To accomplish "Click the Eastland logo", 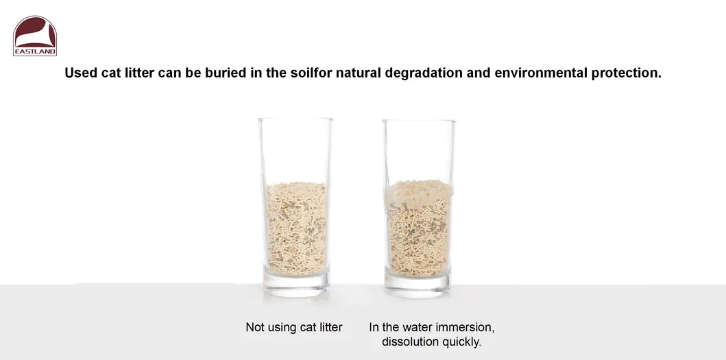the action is click(x=35, y=36).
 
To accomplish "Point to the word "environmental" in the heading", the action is click(x=541, y=73).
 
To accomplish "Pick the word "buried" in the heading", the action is click(x=226, y=73).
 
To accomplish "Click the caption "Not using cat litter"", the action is click(x=294, y=327).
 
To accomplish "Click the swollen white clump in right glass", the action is click(x=419, y=193).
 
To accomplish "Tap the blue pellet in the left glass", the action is click(x=313, y=229).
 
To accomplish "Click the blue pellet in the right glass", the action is click(x=412, y=230).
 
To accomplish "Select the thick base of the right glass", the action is click(x=418, y=286).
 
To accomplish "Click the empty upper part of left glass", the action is click(x=295, y=151).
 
